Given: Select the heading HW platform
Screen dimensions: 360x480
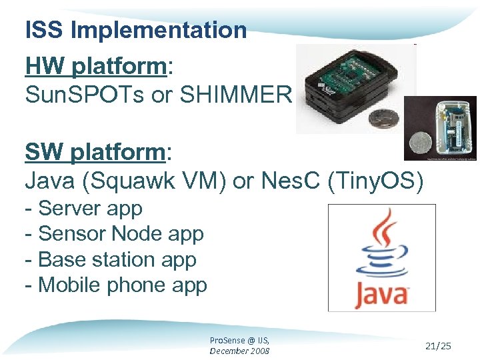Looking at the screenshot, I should (96, 67).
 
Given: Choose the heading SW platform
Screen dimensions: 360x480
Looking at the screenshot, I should (95, 153).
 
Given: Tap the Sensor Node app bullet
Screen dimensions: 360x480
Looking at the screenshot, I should (114, 234).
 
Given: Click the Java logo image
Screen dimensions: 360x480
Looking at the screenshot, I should (381, 257).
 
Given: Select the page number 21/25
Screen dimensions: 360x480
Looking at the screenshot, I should (438, 345).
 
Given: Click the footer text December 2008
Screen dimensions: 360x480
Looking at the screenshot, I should (239, 351).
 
